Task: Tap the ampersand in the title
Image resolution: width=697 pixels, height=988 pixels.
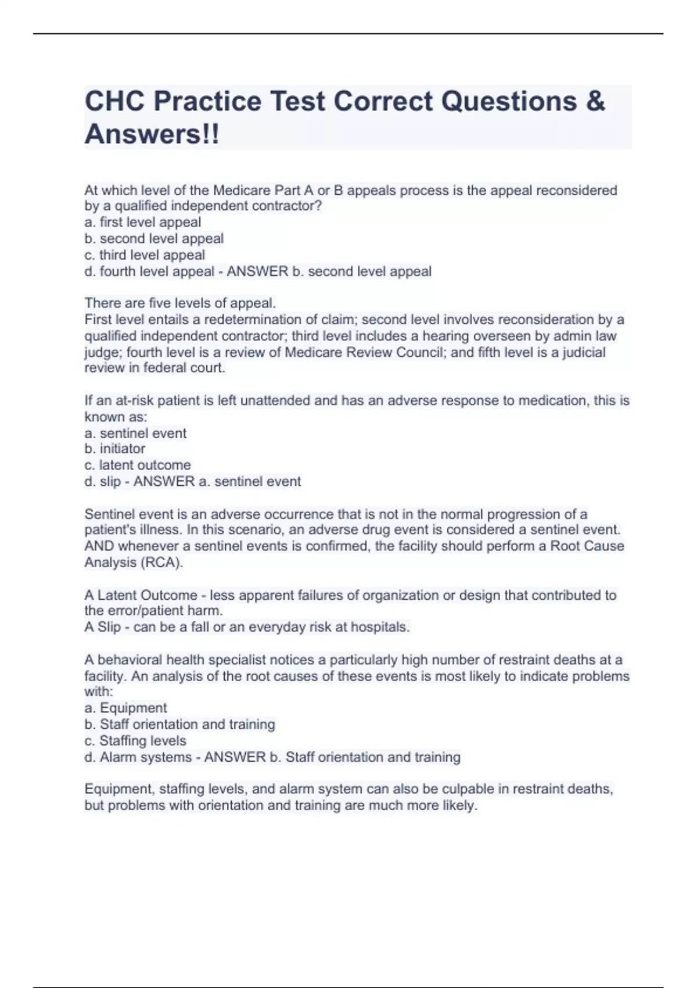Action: (595, 102)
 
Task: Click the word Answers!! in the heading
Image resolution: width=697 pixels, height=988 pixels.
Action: (152, 134)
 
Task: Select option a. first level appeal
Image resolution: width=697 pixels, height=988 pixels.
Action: (143, 222)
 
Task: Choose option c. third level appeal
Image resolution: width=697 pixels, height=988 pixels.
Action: (145, 255)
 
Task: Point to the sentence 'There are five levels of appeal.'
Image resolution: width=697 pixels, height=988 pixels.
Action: (180, 303)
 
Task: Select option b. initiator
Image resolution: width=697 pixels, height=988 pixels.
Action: (114, 449)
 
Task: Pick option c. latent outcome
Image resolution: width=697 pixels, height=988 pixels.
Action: (138, 465)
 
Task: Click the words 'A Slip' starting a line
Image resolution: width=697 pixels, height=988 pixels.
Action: (103, 627)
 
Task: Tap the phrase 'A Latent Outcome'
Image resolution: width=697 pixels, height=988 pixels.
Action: (141, 595)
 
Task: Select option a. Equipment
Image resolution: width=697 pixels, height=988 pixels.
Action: (125, 708)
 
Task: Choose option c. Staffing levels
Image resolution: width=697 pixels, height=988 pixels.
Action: (135, 741)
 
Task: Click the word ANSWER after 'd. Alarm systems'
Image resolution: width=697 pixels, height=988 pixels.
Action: (235, 757)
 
